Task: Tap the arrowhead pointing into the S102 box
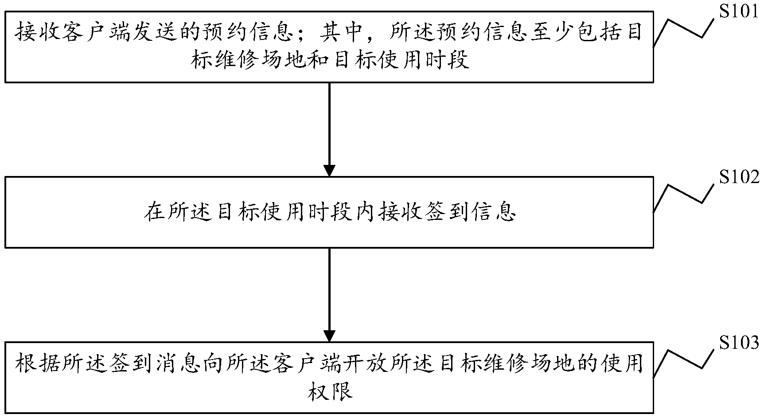(329, 170)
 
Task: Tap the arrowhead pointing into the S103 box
(329, 336)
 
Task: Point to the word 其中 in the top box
(344, 33)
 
